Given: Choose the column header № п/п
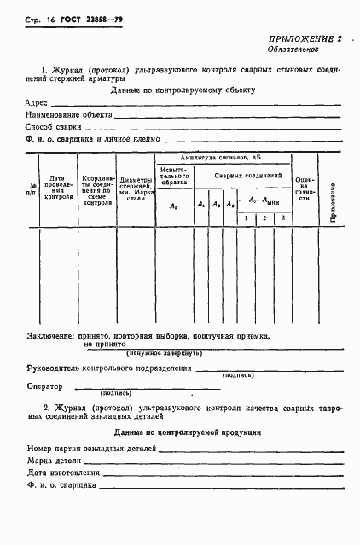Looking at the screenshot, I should (x=33, y=190).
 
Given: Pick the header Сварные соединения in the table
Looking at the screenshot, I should (x=247, y=175).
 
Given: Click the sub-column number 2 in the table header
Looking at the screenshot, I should (x=264, y=219).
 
